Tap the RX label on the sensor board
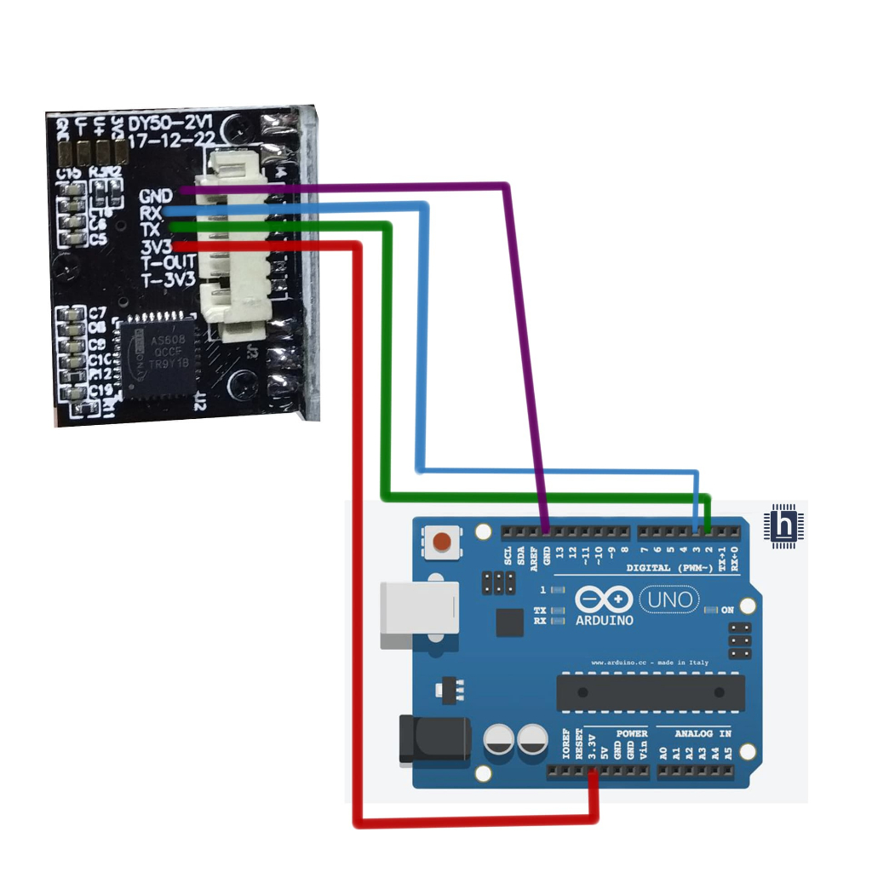coord(151,213)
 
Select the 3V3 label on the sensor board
coord(156,247)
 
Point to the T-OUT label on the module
coord(169,263)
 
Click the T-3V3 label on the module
coord(169,279)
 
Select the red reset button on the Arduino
coord(442,542)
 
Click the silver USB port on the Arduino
coord(416,615)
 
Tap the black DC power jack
coord(434,739)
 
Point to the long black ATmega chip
coord(651,692)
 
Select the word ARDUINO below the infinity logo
coord(605,621)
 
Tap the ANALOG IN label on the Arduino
coord(703,733)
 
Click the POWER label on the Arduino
coord(632,733)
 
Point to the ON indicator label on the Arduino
coord(728,611)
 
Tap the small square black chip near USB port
coord(510,622)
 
